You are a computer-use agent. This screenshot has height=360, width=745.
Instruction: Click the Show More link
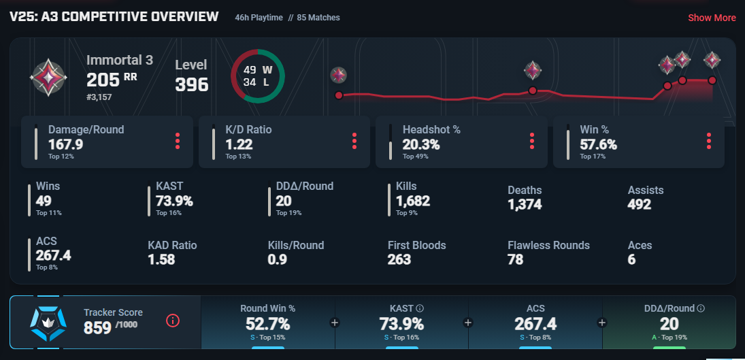(712, 18)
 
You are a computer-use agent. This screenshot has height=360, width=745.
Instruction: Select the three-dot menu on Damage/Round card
(178, 141)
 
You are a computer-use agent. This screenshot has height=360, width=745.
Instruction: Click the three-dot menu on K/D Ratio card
(354, 141)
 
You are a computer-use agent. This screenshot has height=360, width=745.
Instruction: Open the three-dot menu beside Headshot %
(532, 141)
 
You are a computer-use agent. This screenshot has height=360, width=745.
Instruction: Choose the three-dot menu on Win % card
(709, 141)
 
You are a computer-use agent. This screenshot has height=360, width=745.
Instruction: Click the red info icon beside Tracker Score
(173, 321)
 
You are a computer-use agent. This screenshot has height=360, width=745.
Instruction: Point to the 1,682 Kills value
(412, 201)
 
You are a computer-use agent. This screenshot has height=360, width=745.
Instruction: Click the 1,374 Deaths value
(525, 204)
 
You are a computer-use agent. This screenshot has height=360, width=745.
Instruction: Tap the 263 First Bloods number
(399, 259)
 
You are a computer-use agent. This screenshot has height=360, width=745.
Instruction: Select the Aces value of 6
(631, 259)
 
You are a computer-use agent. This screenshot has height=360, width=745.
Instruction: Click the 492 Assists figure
(639, 204)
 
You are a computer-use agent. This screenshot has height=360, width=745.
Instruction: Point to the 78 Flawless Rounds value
(515, 259)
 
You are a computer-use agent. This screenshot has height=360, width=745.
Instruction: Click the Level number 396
(192, 84)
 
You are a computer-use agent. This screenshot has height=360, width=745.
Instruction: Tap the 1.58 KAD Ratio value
(161, 259)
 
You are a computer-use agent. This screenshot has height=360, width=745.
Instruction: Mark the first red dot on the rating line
(339, 95)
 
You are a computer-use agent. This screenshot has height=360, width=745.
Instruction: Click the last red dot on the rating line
(712, 80)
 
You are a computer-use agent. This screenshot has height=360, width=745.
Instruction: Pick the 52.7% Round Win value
(267, 324)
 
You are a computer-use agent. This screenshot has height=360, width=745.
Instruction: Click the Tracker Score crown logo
(48, 322)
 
